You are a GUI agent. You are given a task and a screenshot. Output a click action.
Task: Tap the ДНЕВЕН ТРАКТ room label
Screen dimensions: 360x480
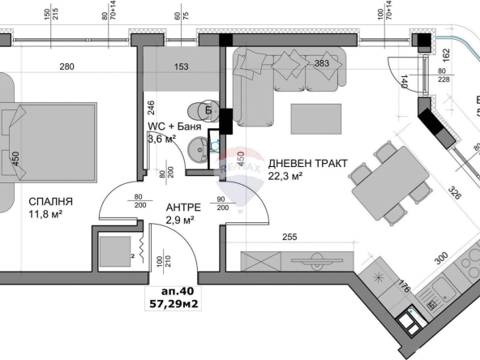click(x=307, y=163)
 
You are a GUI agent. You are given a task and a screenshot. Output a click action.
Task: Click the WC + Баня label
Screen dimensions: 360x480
click(x=174, y=126)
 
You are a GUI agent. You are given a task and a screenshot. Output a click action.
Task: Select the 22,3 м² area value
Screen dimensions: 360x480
click(x=285, y=176)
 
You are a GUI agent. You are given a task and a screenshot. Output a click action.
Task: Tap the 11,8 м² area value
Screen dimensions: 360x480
click(x=45, y=215)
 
